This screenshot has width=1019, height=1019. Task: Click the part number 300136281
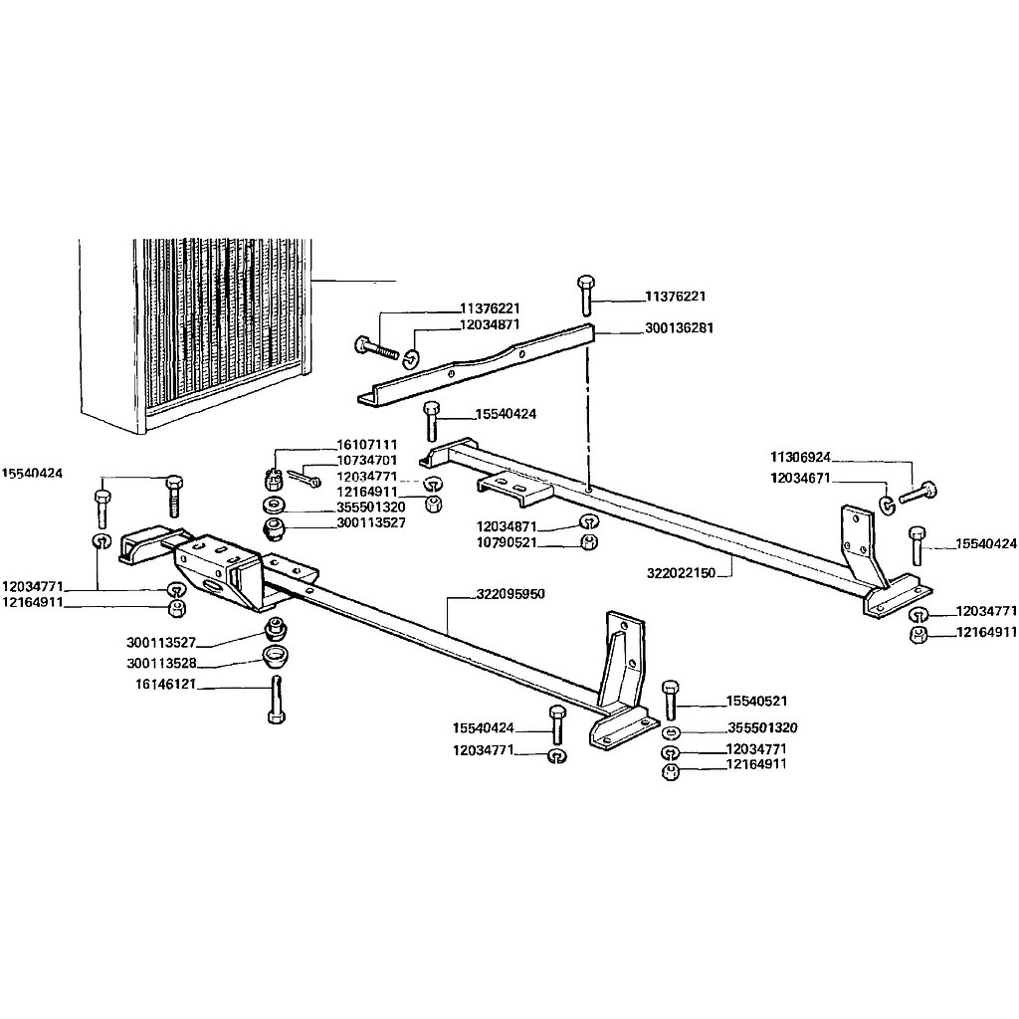coord(679,328)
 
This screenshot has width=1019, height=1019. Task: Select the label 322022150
coord(681,572)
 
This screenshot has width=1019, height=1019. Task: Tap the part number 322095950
coord(510,594)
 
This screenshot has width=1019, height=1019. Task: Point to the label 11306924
coord(801,458)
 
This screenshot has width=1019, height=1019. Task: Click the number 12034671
coord(801,479)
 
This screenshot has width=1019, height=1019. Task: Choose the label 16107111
coord(366,445)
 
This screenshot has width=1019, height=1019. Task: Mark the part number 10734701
coord(366,461)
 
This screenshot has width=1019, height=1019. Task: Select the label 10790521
coord(507,542)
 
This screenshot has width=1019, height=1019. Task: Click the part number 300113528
coord(161,664)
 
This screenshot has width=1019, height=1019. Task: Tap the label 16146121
coord(166,685)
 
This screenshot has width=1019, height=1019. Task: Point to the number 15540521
coord(756,702)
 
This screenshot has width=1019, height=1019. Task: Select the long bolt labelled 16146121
coord(277,700)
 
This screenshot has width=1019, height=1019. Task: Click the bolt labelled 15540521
coord(671,701)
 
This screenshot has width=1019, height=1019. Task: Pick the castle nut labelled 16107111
coord(273,481)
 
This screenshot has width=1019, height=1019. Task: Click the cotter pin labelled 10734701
coord(303,478)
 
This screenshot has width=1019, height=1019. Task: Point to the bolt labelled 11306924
coord(917,494)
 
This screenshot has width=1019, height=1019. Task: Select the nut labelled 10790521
coord(589,542)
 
